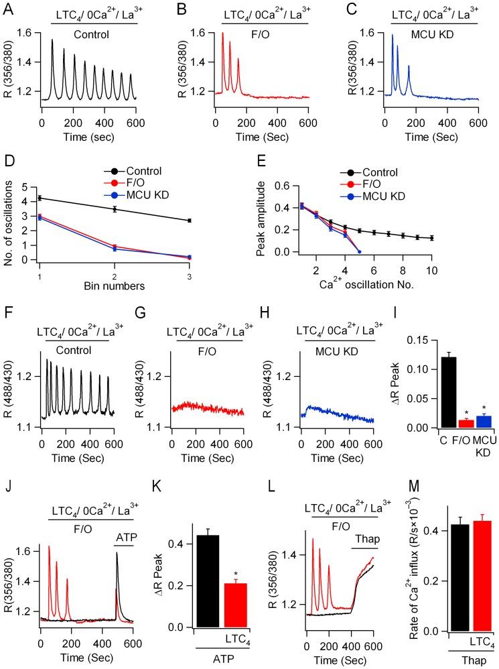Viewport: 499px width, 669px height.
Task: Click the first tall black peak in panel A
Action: tap(52, 40)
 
